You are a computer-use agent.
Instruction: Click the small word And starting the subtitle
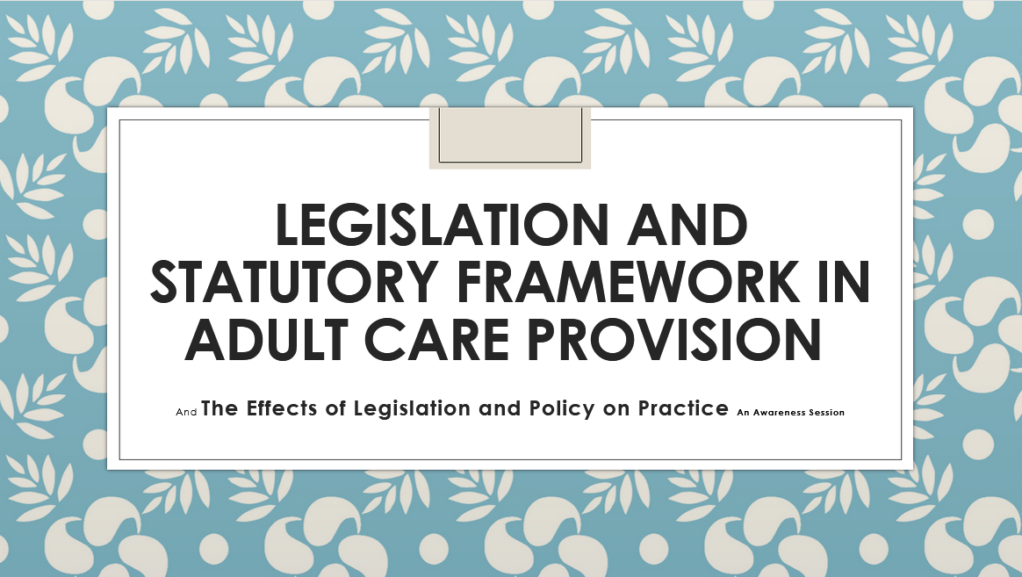pos(186,412)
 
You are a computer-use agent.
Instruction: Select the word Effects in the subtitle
pos(280,408)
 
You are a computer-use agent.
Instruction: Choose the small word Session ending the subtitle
pos(828,412)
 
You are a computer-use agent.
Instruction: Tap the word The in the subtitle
pos(220,408)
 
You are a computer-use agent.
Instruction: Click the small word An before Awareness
pos(745,412)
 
